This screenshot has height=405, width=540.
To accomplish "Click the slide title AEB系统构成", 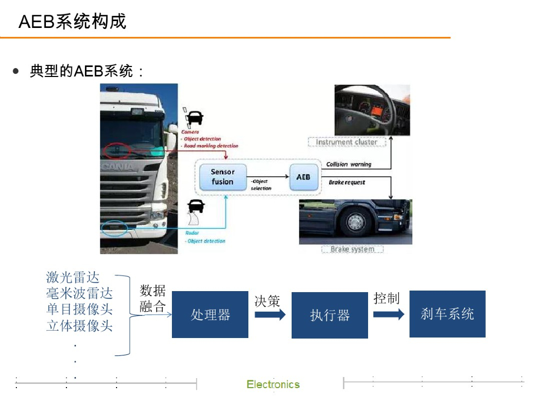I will tap(72, 22).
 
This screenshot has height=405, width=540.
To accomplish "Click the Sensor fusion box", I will tap(222, 177).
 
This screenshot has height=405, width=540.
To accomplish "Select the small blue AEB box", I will tap(303, 177).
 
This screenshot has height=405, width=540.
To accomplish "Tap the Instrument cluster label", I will tap(346, 142).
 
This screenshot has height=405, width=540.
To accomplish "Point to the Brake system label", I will tap(352, 249).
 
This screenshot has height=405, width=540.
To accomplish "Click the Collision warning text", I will tap(349, 165).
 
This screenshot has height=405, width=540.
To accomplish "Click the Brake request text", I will tap(347, 182).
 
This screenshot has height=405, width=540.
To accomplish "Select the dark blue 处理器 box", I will tap(210, 315).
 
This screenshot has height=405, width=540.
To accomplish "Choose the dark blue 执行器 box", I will tap(330, 315).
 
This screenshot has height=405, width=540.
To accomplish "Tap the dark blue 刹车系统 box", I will tap(447, 314).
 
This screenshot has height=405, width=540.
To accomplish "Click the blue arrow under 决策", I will tap(269, 314).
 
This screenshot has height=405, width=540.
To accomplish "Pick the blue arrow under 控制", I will tap(389, 314).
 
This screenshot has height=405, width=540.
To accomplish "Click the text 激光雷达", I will tap(73, 277).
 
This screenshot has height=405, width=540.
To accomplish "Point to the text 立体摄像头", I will tap(80, 325).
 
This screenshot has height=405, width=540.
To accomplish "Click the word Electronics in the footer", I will tap(273, 384).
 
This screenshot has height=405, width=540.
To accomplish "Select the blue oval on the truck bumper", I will tap(114, 228).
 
